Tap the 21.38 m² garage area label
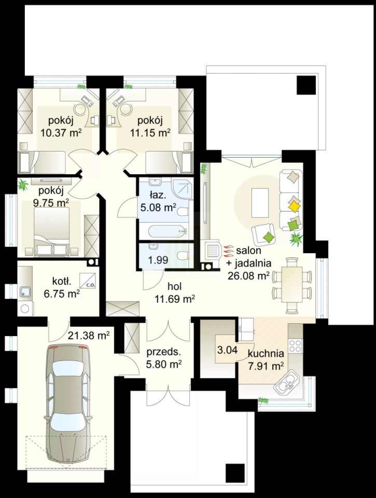(89, 335)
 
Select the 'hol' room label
(174, 286)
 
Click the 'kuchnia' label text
(266, 353)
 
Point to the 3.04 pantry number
(227, 350)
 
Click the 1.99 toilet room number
(158, 260)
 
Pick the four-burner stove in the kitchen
(296, 345)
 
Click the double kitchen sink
(287, 383)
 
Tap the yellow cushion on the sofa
(295, 207)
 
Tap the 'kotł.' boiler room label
(62, 281)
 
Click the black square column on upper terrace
(307, 85)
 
